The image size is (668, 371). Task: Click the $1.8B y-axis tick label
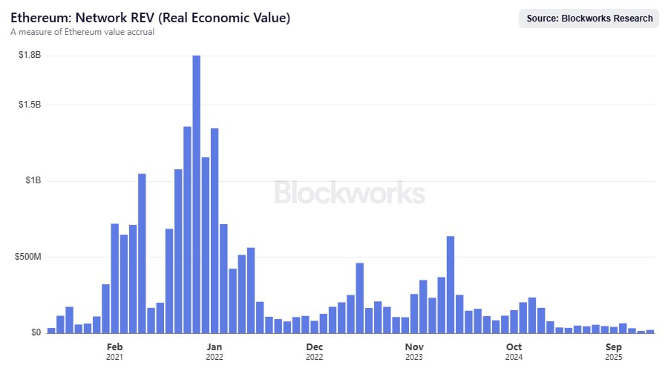click(x=30, y=56)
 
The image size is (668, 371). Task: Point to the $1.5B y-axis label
click(x=30, y=105)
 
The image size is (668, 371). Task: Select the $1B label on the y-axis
click(x=33, y=181)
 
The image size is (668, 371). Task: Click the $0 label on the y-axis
click(x=36, y=332)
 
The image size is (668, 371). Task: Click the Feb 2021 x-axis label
click(x=114, y=352)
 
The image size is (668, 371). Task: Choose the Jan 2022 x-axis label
click(x=215, y=352)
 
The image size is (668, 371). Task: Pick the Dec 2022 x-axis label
click(x=314, y=352)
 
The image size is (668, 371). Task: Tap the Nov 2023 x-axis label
click(x=414, y=352)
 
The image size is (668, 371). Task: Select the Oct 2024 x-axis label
click(x=514, y=352)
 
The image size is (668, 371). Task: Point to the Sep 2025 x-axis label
click(x=614, y=352)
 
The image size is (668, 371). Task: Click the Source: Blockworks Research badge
click(x=589, y=19)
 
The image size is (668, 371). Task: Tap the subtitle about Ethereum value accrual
click(x=82, y=33)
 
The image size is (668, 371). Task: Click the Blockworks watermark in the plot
click(x=350, y=193)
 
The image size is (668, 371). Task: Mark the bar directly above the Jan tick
click(x=215, y=231)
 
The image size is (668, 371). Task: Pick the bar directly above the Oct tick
click(x=514, y=321)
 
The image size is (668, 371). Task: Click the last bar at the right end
click(x=650, y=331)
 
